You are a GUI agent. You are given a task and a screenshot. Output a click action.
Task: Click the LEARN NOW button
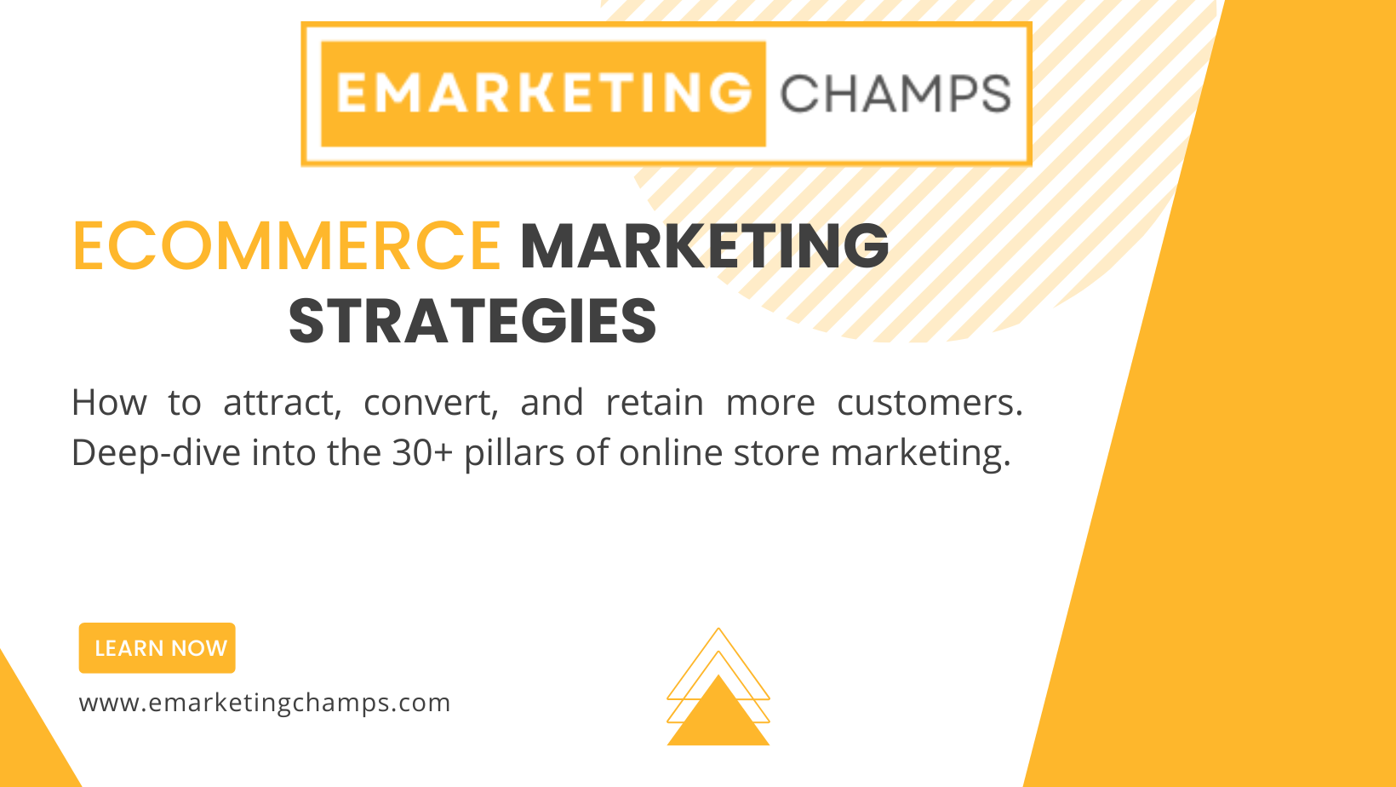(157, 648)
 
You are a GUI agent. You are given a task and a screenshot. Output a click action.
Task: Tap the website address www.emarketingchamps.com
(264, 704)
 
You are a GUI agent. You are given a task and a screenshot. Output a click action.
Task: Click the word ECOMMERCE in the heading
(288, 246)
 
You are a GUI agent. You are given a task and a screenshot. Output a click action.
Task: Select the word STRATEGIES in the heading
(472, 322)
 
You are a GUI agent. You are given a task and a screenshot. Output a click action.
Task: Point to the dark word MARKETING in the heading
(704, 246)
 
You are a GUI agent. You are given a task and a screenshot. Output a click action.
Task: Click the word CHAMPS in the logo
(895, 95)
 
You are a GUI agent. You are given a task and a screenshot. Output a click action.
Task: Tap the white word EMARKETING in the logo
(544, 93)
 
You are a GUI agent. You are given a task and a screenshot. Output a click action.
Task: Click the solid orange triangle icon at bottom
(718, 710)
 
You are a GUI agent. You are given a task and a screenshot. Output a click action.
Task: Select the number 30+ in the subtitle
(422, 452)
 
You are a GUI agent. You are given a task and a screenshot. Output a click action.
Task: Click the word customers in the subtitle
(930, 402)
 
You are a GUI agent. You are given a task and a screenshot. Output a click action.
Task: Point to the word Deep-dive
(156, 453)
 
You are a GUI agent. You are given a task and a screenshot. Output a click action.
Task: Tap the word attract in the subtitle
(283, 403)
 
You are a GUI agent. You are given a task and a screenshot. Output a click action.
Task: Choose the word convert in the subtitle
(431, 403)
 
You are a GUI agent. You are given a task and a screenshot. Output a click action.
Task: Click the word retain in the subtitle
(655, 402)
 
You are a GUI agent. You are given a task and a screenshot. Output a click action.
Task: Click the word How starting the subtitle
(109, 402)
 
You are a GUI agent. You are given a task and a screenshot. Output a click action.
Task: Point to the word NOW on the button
(199, 648)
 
